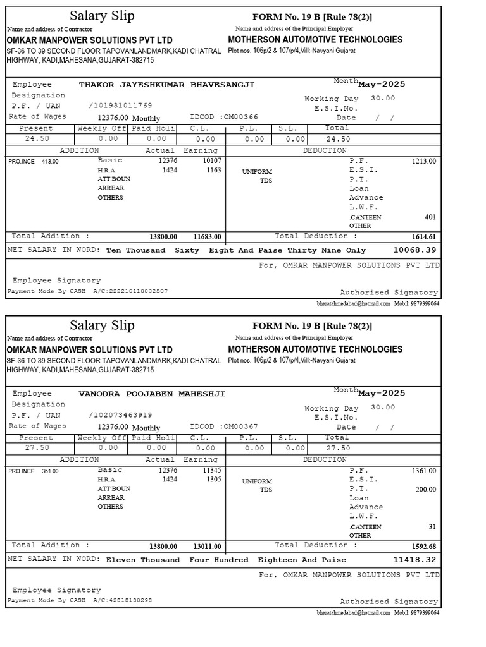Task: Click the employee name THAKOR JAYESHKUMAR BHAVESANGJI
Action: [166, 85]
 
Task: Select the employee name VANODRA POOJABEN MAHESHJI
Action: [151, 394]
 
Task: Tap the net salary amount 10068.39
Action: [414, 250]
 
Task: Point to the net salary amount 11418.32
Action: [414, 560]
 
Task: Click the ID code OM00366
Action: [241, 118]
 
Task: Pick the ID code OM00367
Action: [241, 427]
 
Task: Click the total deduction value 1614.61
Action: [423, 237]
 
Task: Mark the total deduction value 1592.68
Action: [423, 547]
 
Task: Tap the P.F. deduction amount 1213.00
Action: [424, 161]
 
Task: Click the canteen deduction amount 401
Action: [430, 217]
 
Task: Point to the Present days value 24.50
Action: [36, 139]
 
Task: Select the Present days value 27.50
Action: [36, 448]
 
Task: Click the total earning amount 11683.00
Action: [207, 237]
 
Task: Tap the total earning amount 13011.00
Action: [207, 547]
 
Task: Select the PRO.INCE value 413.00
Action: [50, 162]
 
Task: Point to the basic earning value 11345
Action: [212, 471]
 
